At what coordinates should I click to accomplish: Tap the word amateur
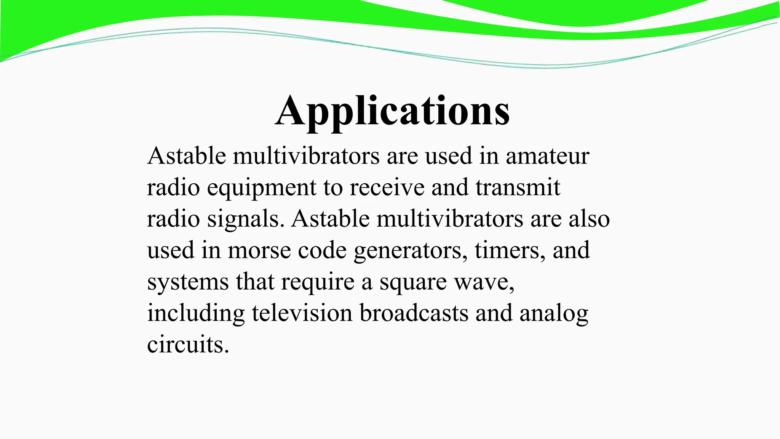point(547,156)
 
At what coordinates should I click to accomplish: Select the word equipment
point(262,188)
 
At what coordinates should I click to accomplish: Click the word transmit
point(518,188)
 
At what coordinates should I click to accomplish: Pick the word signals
point(245,219)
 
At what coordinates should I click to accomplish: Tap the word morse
point(259,251)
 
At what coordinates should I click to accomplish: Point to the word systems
point(188,282)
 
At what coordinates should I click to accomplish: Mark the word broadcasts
point(414,313)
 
